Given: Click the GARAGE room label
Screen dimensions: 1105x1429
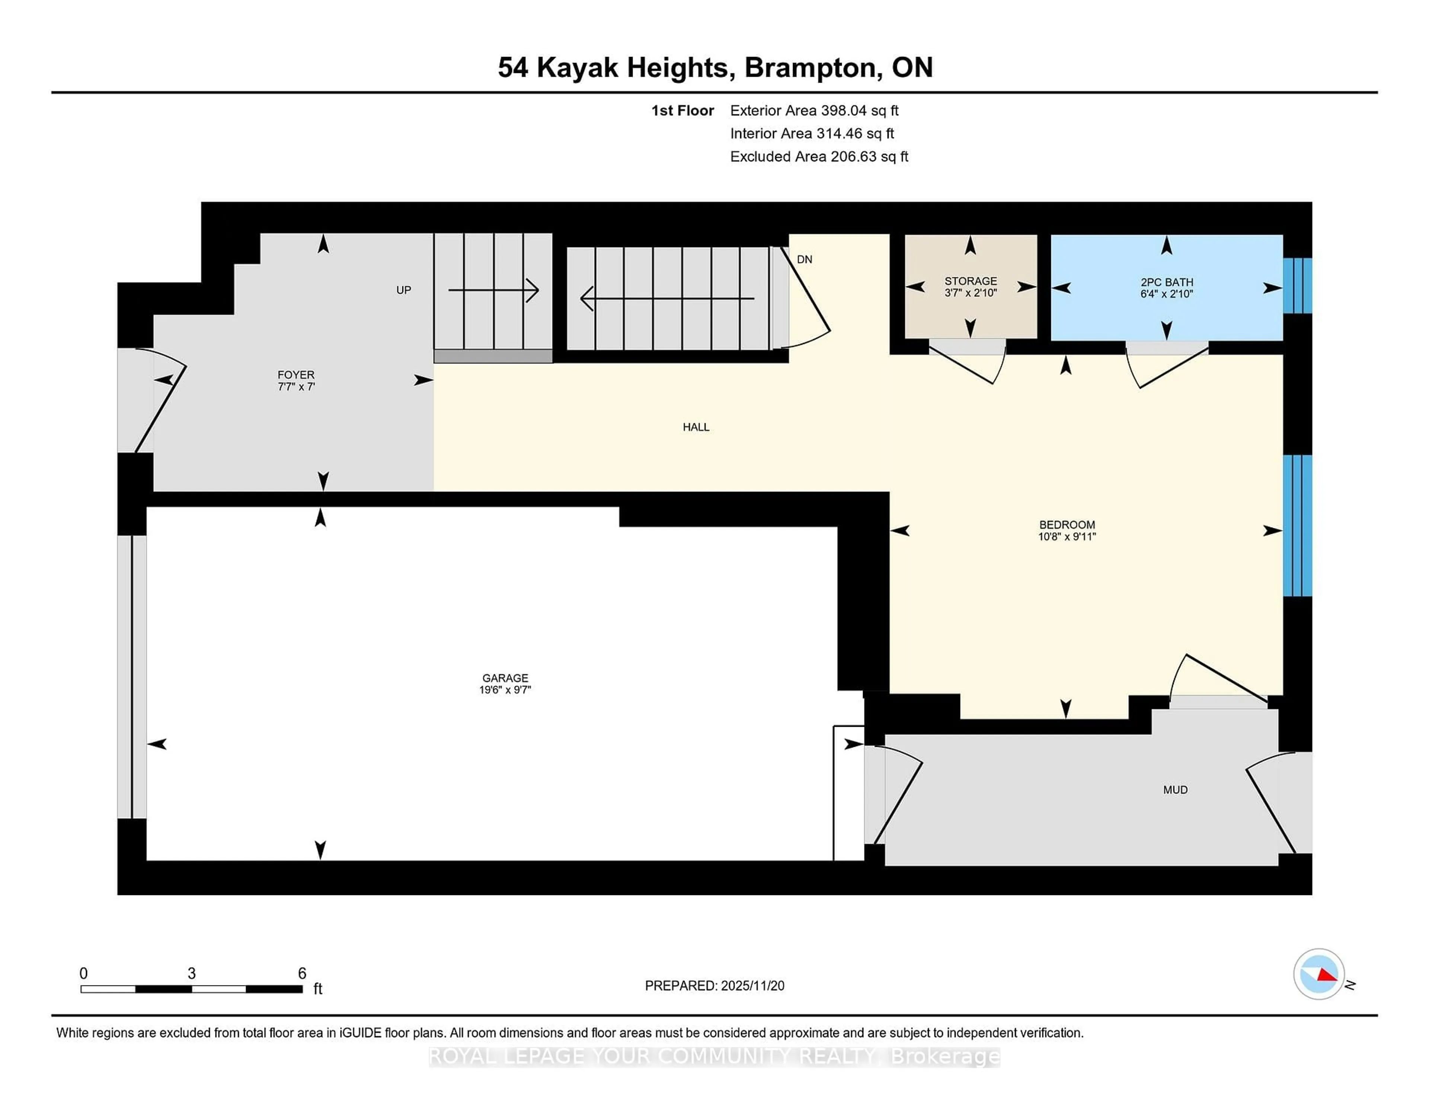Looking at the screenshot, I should coord(505,678).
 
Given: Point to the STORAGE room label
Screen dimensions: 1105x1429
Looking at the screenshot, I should coord(970,281).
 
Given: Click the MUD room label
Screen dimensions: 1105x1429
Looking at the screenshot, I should coord(1175,790).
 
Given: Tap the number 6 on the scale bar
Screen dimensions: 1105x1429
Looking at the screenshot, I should coord(302,974).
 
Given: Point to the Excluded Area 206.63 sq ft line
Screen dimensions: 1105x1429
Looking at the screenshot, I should coord(819,156).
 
